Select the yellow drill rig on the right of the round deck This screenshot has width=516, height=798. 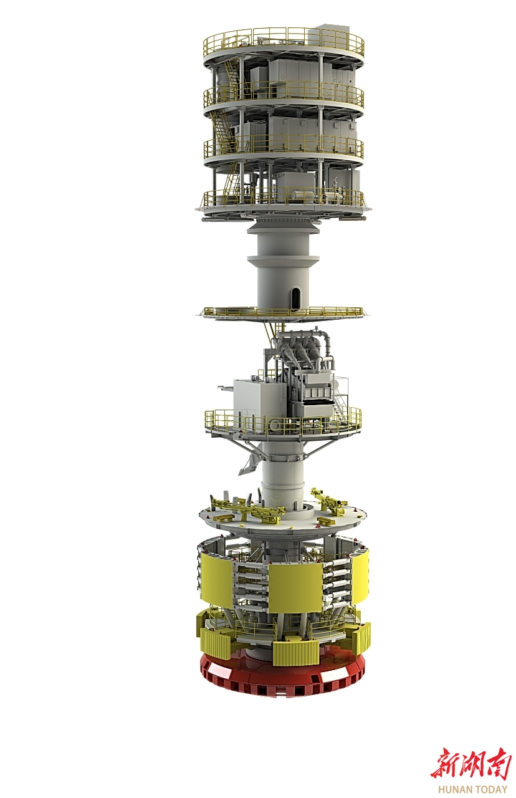point(329,502)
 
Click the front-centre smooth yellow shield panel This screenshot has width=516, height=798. point(295,588)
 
